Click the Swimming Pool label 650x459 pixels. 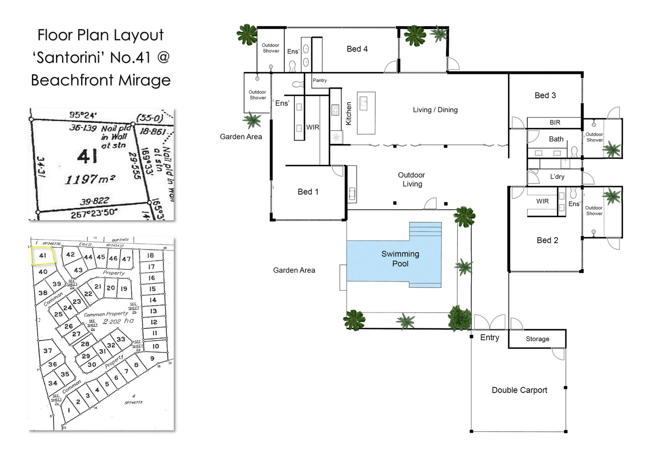[400, 259]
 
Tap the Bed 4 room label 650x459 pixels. [357, 49]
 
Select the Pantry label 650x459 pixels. [319, 80]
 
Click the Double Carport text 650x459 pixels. [519, 390]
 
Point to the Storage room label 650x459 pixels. [537, 339]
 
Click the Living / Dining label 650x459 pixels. [435, 110]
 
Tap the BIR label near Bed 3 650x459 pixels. [555, 122]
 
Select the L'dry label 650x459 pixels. [557, 177]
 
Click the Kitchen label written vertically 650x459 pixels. [349, 113]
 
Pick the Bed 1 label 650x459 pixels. [308, 192]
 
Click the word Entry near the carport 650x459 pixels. [489, 337]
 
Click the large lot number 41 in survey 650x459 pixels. [87, 157]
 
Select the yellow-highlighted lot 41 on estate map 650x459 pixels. [43, 256]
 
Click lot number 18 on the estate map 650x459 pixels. [150, 255]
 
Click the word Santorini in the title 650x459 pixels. [69, 57]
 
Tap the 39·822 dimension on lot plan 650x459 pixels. [94, 201]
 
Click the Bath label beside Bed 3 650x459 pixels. [556, 139]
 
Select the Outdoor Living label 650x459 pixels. [411, 179]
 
